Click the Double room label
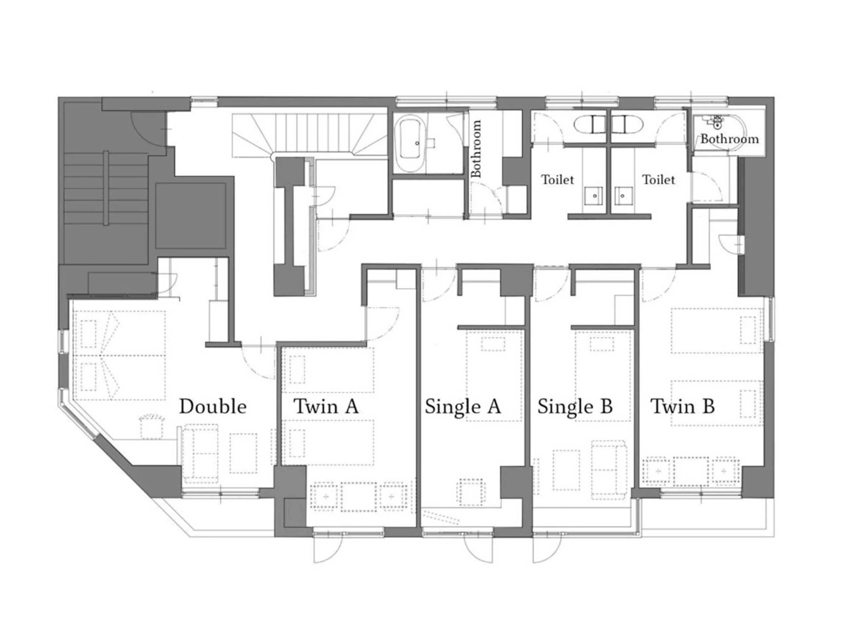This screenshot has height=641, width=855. (213, 407)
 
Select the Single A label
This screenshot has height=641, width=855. (463, 407)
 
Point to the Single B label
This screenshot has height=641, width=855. (575, 407)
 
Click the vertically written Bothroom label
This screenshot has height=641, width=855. (476, 149)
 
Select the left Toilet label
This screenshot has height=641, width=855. (557, 180)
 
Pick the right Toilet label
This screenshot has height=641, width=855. (658, 180)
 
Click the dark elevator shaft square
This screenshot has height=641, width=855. (191, 216)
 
